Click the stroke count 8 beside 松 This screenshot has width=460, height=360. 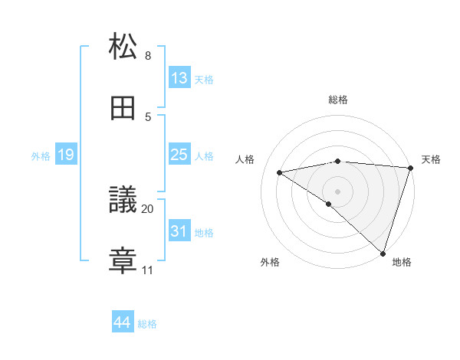pyautogui.click(x=148, y=56)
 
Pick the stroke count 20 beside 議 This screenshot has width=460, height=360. pyautogui.click(x=148, y=208)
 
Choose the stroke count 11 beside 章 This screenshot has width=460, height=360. pyautogui.click(x=148, y=270)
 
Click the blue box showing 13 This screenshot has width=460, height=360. pyautogui.click(x=179, y=78)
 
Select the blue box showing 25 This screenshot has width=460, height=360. pyautogui.click(x=179, y=155)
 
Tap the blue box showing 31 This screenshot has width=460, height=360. pyautogui.click(x=179, y=231)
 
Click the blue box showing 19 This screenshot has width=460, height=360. pyautogui.click(x=66, y=155)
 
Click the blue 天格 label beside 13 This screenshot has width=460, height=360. pyautogui.click(x=204, y=80)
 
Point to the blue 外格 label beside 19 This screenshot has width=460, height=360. pyautogui.click(x=41, y=156)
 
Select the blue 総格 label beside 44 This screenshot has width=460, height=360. pyautogui.click(x=147, y=324)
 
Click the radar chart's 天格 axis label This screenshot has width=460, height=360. pyautogui.click(x=431, y=159)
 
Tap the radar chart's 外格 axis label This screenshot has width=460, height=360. pyautogui.click(x=270, y=262)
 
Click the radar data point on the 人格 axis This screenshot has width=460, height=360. pyautogui.click(x=280, y=172)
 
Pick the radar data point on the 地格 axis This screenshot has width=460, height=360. pyautogui.click(x=383, y=254)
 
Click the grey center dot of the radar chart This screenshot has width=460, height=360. pyautogui.click(x=337, y=190)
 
